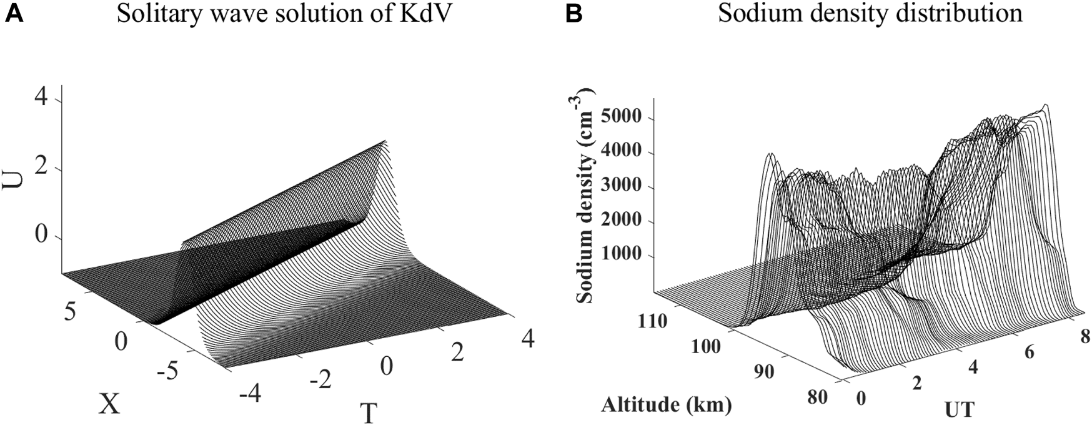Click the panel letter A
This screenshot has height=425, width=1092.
14,14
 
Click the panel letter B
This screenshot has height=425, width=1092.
573,14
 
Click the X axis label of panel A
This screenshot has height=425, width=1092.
109,406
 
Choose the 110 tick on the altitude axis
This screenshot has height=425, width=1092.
653,321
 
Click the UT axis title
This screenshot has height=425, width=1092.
958,409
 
